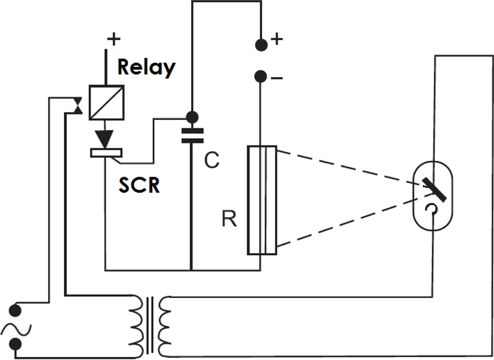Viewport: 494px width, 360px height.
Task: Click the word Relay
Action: point(146,67)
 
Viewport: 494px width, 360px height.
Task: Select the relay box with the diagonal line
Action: point(106,103)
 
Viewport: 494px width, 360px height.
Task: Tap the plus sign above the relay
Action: point(113,39)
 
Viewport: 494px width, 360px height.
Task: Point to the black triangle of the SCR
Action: point(105,139)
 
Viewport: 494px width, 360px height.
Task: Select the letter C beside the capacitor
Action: point(212,160)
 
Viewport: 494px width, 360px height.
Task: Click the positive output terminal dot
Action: point(261,44)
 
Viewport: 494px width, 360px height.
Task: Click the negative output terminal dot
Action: point(261,76)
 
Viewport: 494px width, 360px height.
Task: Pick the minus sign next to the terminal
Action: point(277,78)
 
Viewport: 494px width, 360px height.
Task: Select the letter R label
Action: point(229,220)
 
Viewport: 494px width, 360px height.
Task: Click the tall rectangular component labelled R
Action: point(262,200)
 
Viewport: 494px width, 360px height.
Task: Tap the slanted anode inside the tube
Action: point(434,189)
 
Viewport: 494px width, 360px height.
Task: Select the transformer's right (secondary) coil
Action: point(165,325)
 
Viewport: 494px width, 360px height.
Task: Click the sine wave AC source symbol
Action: point(15,330)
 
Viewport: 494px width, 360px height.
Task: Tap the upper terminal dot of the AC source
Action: point(16,309)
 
